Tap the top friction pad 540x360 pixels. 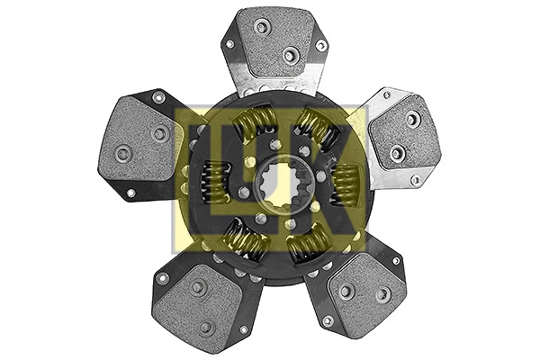tap(274, 41)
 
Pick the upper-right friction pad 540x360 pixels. tap(405, 134)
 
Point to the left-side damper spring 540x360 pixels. tap(214, 182)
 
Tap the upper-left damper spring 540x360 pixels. tap(254, 123)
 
